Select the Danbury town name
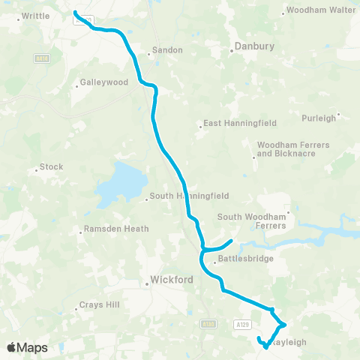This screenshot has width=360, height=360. pos(255,46)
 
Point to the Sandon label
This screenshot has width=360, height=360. pos(167,50)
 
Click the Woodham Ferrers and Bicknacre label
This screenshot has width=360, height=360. pos(286,148)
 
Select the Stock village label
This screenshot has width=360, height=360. pos(52,167)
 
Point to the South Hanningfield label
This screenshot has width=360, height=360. pos(184,196)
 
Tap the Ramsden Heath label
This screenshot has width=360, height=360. pos(116,229)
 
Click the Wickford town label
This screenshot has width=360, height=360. pos(172,280)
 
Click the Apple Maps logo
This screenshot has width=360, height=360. pos(27,347)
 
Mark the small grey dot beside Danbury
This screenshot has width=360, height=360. pos(230,51)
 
